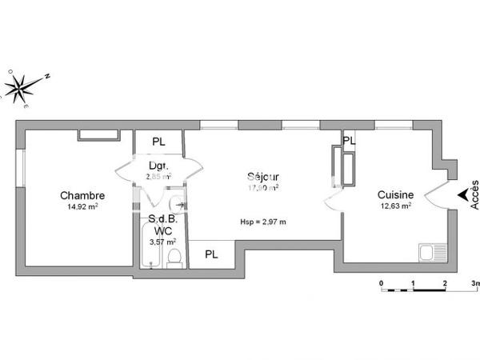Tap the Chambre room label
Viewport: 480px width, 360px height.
coord(82,194)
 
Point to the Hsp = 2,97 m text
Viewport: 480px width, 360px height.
coord(262,222)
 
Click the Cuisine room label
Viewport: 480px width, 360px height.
coord(395,194)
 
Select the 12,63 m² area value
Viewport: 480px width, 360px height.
coord(395,206)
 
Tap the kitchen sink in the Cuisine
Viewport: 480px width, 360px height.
coord(431,253)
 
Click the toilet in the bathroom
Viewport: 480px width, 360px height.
coord(174,257)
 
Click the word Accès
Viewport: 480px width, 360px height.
coord(474,194)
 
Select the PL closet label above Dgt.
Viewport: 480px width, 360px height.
coord(158,142)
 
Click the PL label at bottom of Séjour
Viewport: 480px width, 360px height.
coord(211,254)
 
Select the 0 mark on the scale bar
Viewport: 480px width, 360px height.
coord(382,284)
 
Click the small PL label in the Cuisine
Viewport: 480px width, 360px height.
coord(348,140)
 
